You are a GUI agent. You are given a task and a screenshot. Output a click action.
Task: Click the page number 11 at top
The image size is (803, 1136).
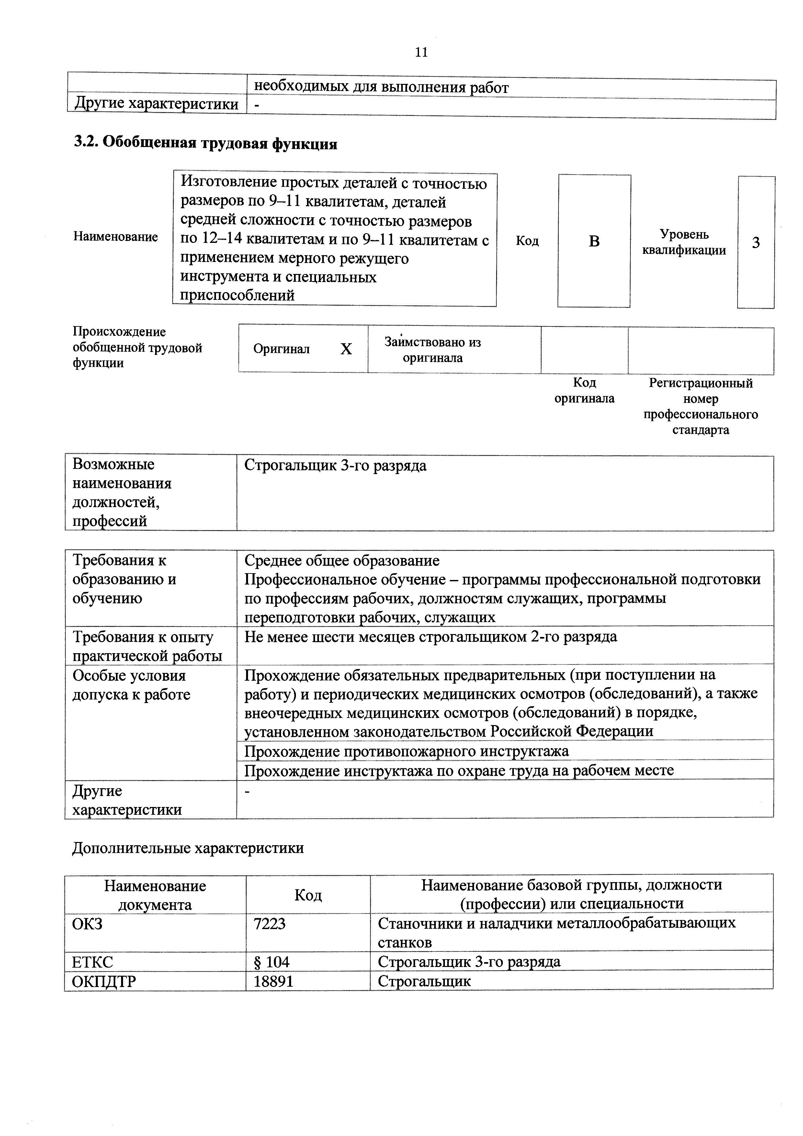pos(421,52)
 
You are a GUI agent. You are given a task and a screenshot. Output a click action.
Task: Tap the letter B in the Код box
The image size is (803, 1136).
pos(594,242)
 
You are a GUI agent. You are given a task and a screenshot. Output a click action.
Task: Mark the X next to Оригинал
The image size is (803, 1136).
pos(346,349)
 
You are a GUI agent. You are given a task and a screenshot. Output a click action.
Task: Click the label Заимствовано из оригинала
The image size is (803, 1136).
pos(433,350)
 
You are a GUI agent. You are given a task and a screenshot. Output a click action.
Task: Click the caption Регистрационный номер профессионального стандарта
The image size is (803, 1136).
pos(701,406)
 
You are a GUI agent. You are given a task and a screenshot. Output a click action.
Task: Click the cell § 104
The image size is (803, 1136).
pos(272,961)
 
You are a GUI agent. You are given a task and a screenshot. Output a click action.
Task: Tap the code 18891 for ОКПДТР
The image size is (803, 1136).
pos(274,981)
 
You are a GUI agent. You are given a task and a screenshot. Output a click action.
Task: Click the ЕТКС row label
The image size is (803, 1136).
pos(93,962)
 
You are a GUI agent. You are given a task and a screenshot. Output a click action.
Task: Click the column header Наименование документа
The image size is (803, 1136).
pos(155,895)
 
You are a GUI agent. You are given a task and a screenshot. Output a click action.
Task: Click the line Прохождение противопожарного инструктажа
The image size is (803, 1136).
pos(407,751)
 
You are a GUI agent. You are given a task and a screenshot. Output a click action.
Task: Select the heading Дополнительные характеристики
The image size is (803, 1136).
pos(188,848)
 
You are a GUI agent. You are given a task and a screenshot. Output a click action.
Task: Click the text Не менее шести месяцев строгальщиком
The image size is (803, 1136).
pos(430,636)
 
